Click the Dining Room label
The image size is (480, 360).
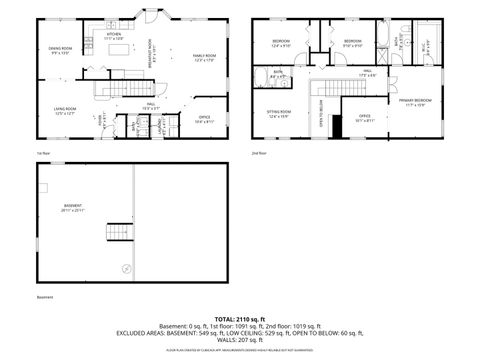click(x=60, y=50)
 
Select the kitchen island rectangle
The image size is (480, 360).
click(x=120, y=48)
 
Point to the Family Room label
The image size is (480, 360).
click(x=204, y=57)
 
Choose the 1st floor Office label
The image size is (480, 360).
click(x=204, y=119)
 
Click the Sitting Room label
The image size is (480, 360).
click(x=279, y=113)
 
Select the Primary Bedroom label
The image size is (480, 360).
click(x=416, y=102)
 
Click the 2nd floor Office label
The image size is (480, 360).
click(x=366, y=118)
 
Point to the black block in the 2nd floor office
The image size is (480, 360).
click(x=338, y=127)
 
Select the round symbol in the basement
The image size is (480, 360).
click(x=126, y=267)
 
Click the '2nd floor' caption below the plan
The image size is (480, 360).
click(x=259, y=152)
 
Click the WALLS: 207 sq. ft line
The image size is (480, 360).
click(x=239, y=342)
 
